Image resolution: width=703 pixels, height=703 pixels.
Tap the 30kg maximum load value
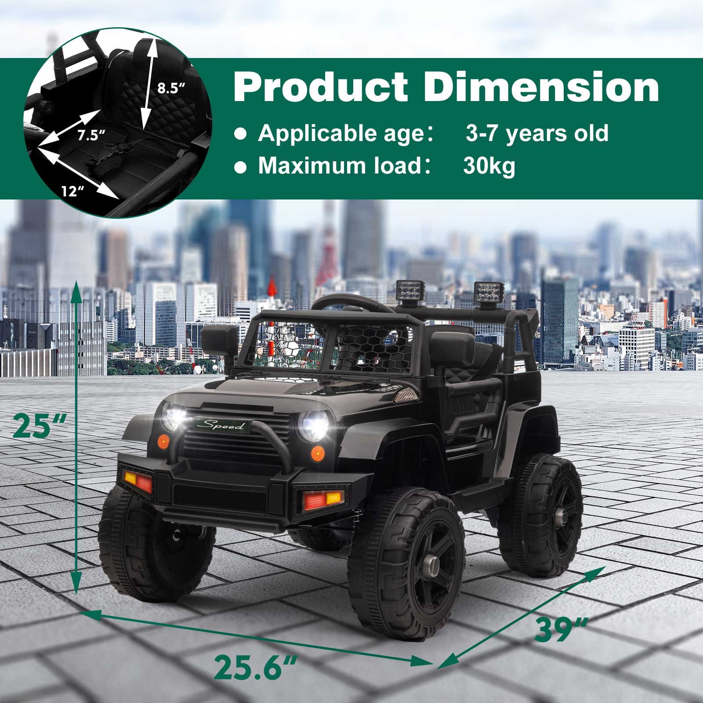tap(489, 166)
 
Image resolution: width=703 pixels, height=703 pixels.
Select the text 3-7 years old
tap(537, 132)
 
